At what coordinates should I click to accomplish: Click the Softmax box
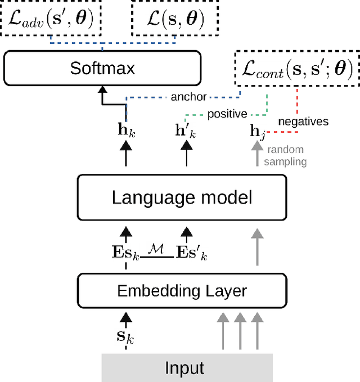point(102,69)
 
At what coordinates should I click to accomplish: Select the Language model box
point(182,197)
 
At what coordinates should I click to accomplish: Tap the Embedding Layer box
point(182,291)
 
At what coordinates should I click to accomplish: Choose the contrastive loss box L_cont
point(296,69)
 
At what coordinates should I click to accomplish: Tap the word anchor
point(188,97)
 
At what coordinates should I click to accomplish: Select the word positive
point(227,114)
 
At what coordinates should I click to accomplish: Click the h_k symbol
point(126,131)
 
